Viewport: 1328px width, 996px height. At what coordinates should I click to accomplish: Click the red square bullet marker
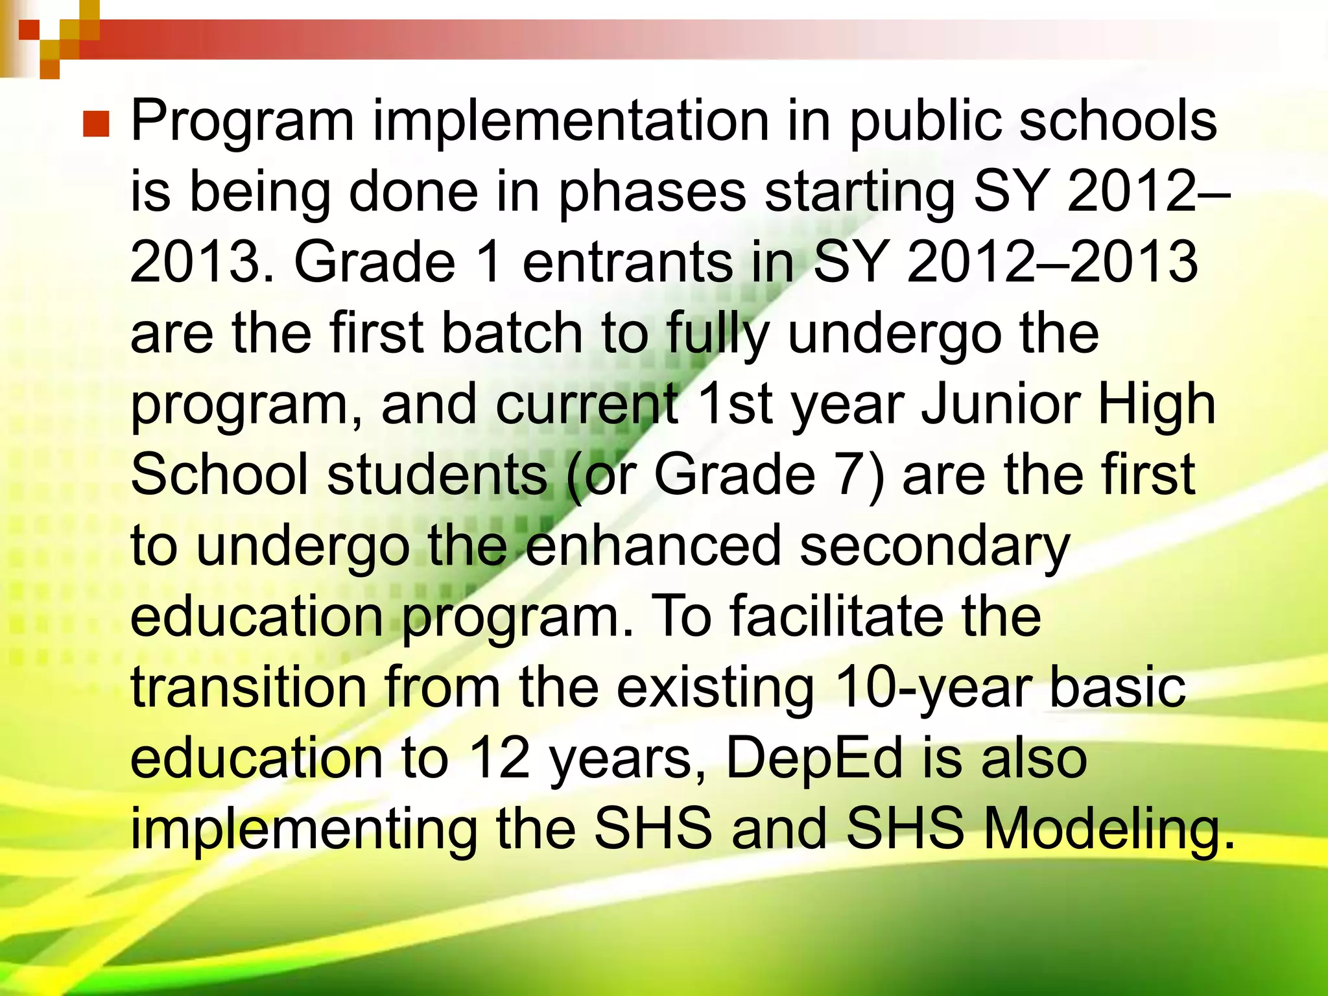(96, 124)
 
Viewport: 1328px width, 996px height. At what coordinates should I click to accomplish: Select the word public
(925, 122)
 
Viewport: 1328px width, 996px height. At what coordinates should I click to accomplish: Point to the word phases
(652, 193)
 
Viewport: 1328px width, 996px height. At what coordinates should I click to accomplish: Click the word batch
(512, 333)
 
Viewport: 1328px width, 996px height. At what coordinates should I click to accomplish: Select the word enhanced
(652, 546)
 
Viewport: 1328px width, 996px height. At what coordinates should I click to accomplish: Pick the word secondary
(934, 546)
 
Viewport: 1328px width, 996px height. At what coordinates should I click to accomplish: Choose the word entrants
(626, 263)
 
